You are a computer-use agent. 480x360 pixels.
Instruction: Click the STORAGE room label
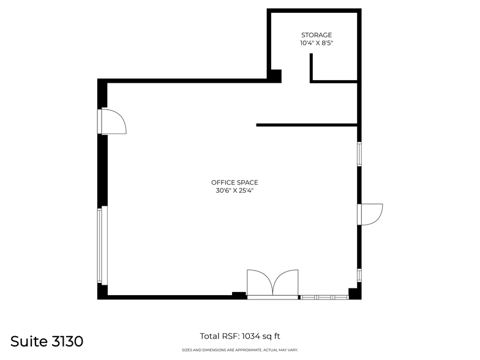pos(317,35)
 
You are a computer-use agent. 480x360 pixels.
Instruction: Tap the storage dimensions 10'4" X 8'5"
pos(317,43)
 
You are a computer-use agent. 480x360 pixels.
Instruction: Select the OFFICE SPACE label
pos(234,182)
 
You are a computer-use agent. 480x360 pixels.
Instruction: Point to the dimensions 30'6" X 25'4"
pos(234,190)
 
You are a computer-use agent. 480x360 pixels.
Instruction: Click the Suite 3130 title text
pos(47,341)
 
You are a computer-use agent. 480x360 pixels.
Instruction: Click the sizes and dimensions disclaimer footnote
pos(240,350)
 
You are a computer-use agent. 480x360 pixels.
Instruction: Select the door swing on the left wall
pos(113,121)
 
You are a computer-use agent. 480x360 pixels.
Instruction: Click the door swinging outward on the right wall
pos(371,214)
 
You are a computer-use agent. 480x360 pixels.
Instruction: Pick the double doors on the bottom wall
pos(272,285)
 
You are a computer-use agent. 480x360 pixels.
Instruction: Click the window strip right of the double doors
pos(324,297)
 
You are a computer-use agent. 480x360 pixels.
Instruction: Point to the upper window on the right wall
pos(359,154)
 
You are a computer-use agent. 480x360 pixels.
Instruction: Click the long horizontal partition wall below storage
pos(306,125)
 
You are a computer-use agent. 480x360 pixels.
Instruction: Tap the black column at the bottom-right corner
pos(354,293)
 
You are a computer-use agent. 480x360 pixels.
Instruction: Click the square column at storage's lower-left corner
pos(275,76)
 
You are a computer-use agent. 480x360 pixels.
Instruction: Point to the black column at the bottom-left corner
pos(102,291)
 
